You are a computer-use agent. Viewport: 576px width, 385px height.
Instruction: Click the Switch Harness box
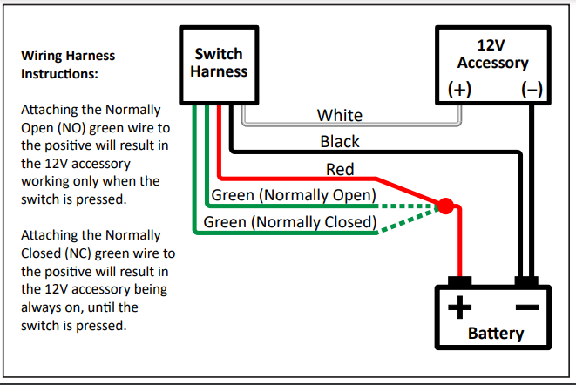[x=219, y=63]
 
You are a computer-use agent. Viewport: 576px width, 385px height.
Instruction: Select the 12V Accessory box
[x=492, y=63]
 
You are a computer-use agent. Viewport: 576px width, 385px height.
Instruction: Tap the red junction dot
[x=444, y=207]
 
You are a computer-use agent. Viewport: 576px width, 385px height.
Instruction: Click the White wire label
[x=340, y=115]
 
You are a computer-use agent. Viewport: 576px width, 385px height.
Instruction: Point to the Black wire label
[x=340, y=141]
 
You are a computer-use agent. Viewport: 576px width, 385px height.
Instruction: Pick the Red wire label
[x=340, y=169]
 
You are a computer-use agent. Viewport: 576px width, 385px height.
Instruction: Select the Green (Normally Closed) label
[x=289, y=222]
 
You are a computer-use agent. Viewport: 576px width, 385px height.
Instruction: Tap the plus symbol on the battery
[x=459, y=307]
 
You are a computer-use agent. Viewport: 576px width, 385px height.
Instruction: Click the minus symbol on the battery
[x=526, y=307]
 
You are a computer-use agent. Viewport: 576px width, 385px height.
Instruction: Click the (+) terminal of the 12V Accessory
[x=459, y=89]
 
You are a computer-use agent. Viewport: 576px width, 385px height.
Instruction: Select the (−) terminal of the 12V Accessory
[x=530, y=89]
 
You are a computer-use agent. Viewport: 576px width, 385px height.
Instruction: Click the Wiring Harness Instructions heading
[x=67, y=64]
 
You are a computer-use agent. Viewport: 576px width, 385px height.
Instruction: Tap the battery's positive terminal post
[x=459, y=281]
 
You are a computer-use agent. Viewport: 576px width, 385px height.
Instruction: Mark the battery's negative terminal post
[x=525, y=281]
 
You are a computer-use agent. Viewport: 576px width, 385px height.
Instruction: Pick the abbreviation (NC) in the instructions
[x=77, y=252]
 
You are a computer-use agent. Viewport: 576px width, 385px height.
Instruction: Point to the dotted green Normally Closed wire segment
[x=408, y=221]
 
